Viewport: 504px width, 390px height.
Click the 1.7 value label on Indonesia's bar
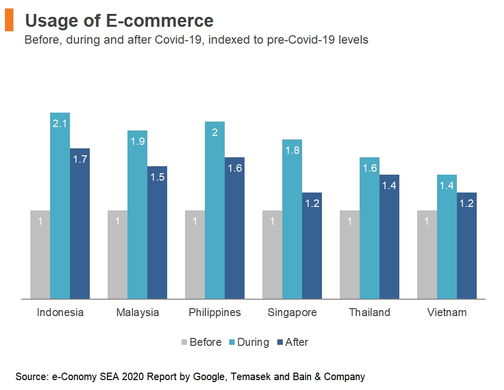click(80, 159)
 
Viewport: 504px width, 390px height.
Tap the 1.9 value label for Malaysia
click(137, 141)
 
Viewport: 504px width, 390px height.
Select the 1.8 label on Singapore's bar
click(292, 150)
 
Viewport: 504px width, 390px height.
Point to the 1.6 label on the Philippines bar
click(235, 168)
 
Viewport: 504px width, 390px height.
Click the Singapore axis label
click(292, 313)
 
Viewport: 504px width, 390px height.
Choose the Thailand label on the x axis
click(370, 313)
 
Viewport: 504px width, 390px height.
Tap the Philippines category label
click(215, 313)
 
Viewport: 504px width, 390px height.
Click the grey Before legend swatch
click(185, 342)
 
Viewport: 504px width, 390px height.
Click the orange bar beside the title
click(9, 21)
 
